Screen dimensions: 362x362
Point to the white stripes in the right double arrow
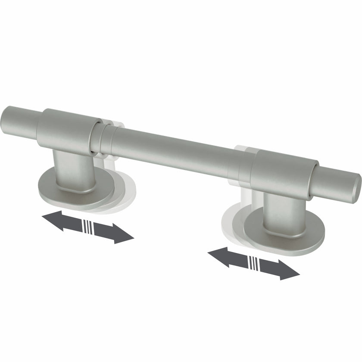coord(254,263)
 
